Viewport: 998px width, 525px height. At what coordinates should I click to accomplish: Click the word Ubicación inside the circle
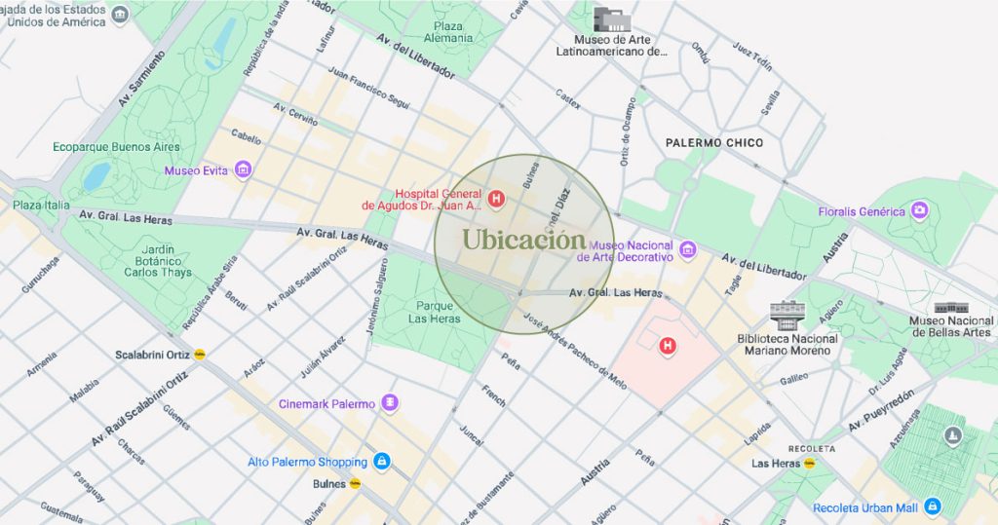523,240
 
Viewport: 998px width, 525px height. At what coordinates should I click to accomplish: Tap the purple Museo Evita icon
243,170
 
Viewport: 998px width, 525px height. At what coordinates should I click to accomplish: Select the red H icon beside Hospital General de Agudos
496,200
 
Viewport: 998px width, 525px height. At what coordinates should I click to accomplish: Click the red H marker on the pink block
668,345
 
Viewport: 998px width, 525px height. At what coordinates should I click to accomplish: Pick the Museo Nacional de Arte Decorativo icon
687,250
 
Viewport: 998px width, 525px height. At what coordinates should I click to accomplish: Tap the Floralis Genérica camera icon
919,210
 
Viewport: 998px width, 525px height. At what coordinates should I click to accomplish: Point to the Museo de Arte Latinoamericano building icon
612,19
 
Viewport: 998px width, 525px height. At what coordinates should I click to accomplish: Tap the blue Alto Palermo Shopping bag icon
382,462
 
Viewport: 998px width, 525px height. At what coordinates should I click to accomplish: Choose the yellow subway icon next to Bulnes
356,482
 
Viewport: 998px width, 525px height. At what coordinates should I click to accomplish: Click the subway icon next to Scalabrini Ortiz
200,354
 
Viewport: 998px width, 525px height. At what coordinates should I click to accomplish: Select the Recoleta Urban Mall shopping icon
933,506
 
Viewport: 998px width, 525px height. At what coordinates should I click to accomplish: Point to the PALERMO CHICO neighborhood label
714,143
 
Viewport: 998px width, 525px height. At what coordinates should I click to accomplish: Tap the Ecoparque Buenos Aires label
116,147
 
